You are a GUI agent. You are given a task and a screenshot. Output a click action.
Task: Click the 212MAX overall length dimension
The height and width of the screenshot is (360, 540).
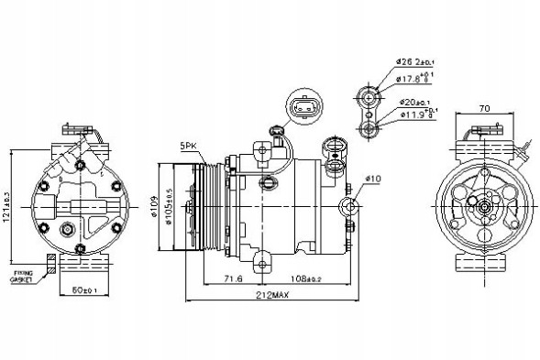coord(272,296)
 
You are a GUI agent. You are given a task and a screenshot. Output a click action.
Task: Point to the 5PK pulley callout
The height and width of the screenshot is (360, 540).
coord(189,145)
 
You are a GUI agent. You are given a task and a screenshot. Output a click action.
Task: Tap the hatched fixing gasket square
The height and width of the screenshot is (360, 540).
coord(52,265)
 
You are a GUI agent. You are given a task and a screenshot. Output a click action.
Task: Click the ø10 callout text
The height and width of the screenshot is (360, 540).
coord(372,177)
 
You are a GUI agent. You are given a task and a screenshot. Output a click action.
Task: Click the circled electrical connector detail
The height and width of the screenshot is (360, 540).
coord(303,109)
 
